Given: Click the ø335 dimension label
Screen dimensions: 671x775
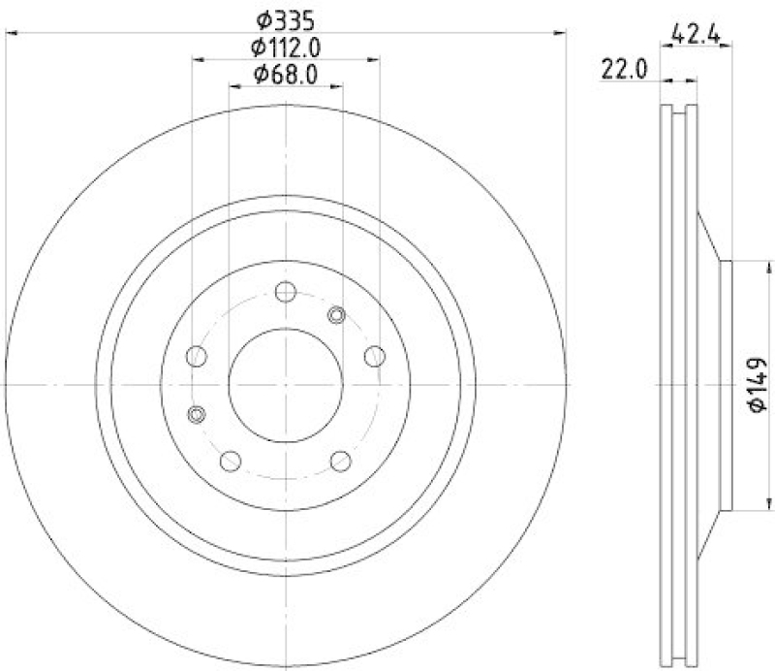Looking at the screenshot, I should click(286, 18).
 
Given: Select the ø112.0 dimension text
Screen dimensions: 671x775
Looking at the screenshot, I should click(286, 46).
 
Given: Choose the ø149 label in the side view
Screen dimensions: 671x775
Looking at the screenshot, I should click(758, 385).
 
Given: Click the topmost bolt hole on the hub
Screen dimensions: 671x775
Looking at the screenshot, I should click(286, 292).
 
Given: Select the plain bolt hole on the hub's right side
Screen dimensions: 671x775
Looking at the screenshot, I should click(374, 356).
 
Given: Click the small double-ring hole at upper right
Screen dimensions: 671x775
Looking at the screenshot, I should click(337, 314).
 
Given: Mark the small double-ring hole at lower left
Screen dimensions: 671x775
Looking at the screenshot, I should click(197, 415).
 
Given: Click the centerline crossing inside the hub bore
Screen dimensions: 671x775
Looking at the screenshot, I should click(286, 384).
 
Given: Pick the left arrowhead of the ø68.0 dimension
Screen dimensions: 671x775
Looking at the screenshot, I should click(233, 87).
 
